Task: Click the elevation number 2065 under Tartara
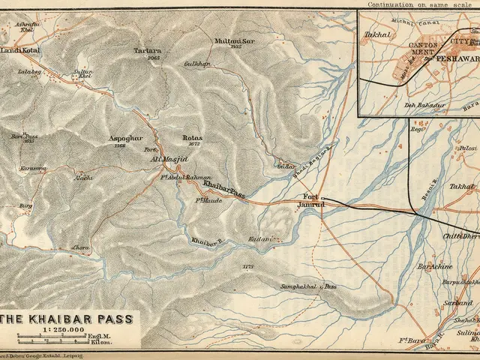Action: [x=154, y=58]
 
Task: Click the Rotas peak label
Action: [x=192, y=139]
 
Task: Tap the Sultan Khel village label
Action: [x=83, y=73]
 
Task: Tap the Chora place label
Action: [x=79, y=247]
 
